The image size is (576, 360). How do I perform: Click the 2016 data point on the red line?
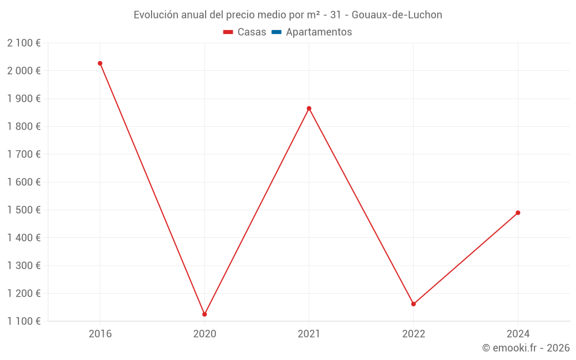(x=100, y=63)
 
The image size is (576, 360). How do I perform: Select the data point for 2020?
(x=204, y=314)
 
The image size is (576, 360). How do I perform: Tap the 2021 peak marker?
(x=309, y=108)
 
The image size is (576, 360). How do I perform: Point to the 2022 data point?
(x=414, y=304)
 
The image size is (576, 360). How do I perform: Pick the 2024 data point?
(x=518, y=213)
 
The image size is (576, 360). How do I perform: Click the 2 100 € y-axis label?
(x=24, y=43)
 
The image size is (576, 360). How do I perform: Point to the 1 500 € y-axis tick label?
(x=24, y=210)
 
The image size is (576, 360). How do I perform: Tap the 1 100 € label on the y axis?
(x=24, y=321)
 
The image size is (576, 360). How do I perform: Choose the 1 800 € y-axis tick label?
(x=24, y=126)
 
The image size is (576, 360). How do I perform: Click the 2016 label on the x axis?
(x=100, y=334)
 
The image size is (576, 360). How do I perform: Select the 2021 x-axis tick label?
(x=309, y=334)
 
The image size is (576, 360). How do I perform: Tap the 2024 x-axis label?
(x=518, y=334)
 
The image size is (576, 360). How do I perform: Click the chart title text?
(x=288, y=15)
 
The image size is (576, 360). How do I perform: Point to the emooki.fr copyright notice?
(x=526, y=348)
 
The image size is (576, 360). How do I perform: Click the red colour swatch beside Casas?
(x=228, y=32)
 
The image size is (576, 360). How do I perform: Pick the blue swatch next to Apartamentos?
(x=276, y=32)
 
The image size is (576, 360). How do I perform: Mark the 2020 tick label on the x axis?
(x=204, y=334)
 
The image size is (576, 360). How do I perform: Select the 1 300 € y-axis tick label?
(x=24, y=266)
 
